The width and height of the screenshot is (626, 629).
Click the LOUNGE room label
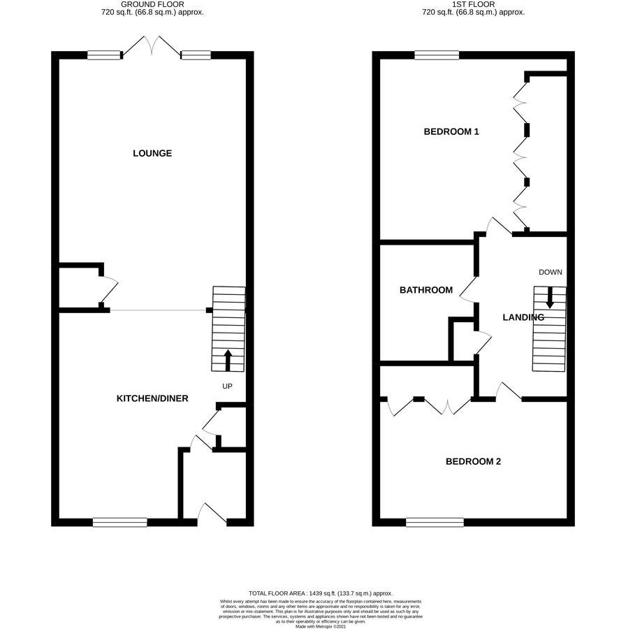pos(152,153)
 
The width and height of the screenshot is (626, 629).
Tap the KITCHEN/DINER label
pos(152,398)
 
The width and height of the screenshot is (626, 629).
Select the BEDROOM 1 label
pos(451,131)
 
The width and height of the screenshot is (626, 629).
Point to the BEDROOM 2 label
pos(473,461)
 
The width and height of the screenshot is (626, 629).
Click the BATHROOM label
pos(426,290)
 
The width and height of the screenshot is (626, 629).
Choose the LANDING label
pos(523,317)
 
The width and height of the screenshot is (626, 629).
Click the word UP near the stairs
pos(227,386)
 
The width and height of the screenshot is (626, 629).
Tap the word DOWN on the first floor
pos(551,272)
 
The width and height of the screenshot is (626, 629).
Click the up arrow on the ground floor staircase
pos(228,360)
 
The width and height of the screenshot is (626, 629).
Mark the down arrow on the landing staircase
pos(550,297)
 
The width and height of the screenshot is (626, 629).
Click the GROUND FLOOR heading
pos(152,4)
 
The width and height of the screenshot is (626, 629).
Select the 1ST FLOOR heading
pos(473,4)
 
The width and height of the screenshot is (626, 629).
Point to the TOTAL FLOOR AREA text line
pos(321,593)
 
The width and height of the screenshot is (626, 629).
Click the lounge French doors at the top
pos(152,47)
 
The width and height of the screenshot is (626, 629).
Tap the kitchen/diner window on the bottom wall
pos(120,522)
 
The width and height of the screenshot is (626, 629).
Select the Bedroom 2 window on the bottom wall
pos(435,522)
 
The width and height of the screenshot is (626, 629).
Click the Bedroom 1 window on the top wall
pos(437,55)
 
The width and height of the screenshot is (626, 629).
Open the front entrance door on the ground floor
pos(212,514)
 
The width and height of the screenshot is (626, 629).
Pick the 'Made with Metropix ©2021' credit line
pos(321,626)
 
